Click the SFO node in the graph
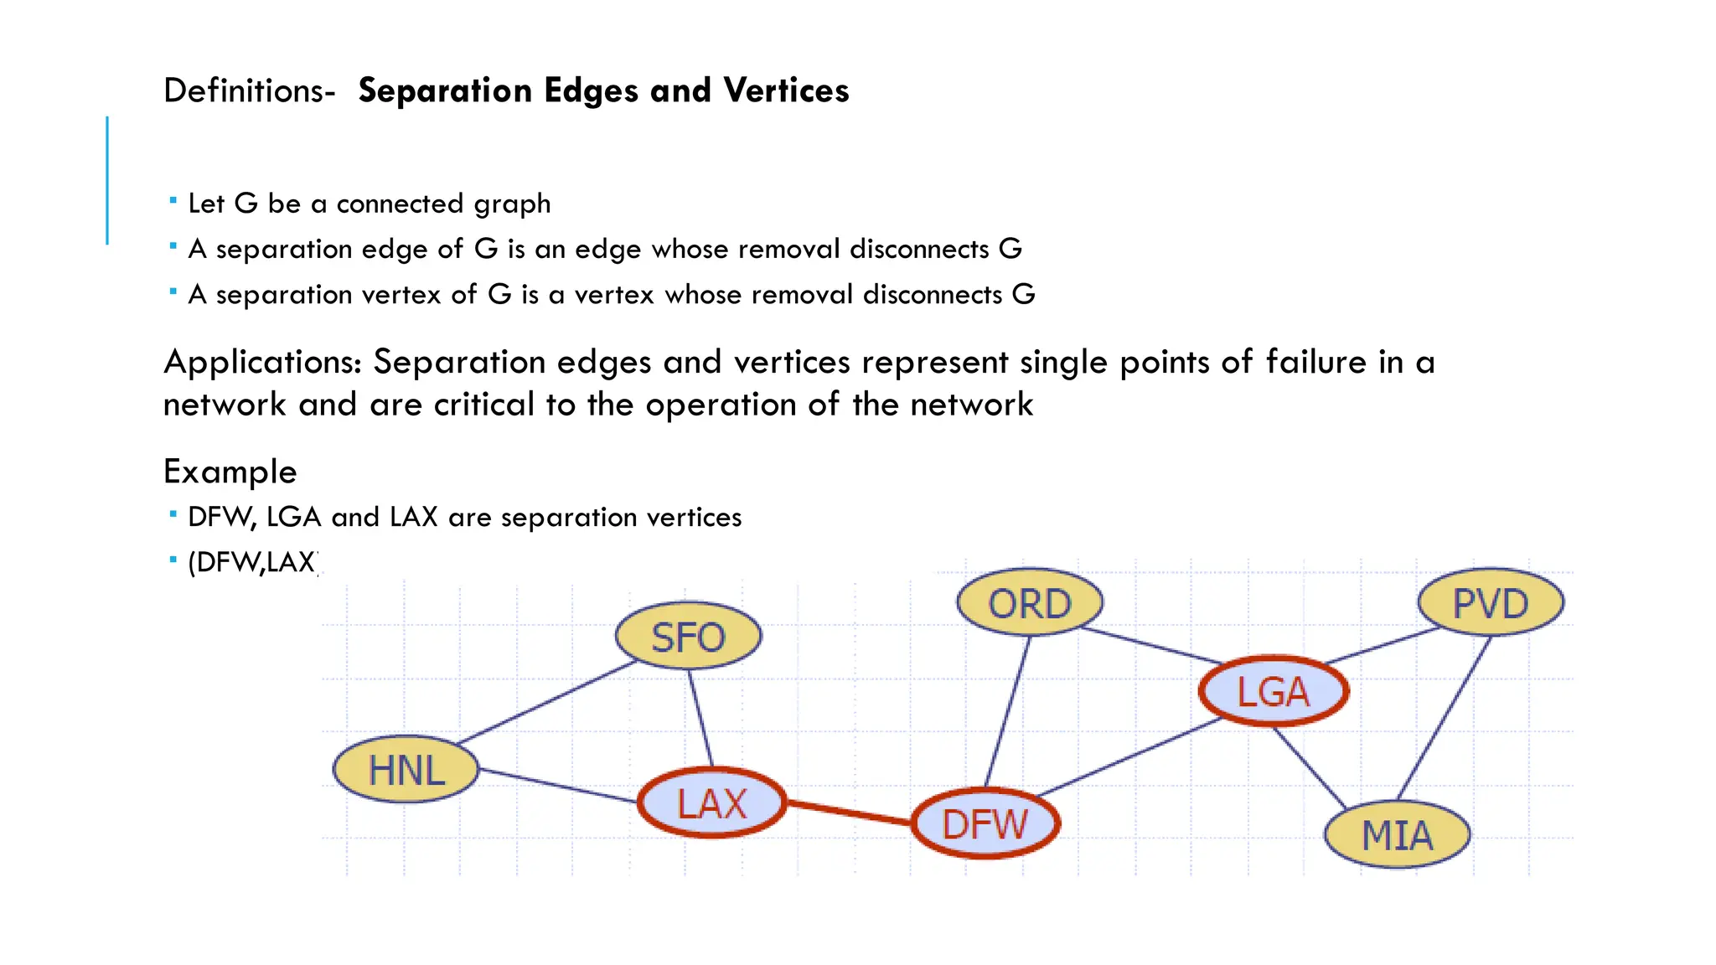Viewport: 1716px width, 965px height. tap(688, 636)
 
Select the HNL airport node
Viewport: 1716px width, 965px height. tap(406, 769)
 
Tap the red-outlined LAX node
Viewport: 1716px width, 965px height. tap(712, 802)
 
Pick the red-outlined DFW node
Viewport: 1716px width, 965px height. tap(985, 823)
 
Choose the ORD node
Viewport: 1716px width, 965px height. tap(1030, 602)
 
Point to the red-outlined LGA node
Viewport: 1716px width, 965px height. tap(1274, 691)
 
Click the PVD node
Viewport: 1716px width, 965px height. tap(1491, 602)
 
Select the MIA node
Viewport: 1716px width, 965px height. tap(1397, 834)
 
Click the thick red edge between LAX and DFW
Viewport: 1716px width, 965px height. tap(848, 813)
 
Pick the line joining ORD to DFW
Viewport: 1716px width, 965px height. tap(1007, 712)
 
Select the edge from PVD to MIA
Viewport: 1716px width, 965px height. tap(1445, 717)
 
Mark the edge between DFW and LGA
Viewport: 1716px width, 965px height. tap(1129, 758)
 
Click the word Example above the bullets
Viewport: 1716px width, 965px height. tap(230, 472)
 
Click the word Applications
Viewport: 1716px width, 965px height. tap(262, 363)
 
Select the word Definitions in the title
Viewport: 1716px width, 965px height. tap(249, 90)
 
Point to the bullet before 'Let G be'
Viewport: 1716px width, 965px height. tap(173, 201)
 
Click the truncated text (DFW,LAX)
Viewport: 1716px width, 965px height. tap(252, 562)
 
